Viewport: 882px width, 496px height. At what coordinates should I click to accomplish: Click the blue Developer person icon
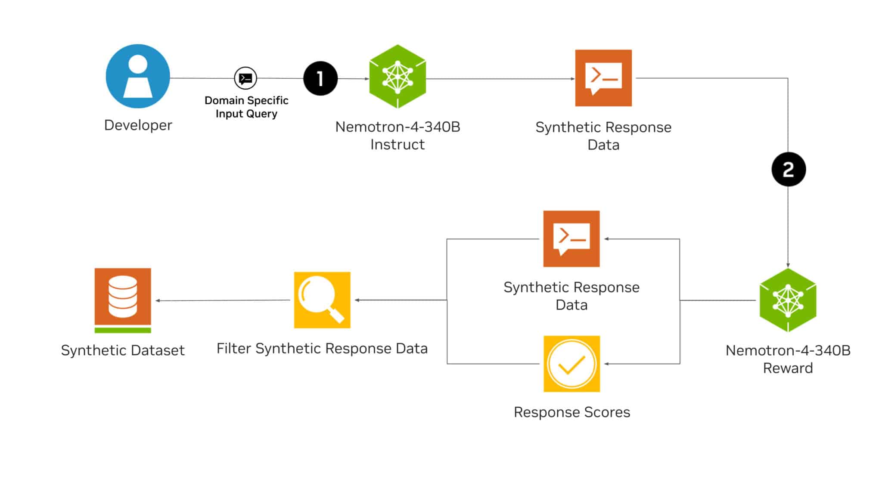[138, 76]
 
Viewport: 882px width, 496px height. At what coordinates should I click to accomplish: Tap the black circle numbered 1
[320, 78]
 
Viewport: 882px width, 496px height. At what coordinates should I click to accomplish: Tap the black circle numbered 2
[788, 169]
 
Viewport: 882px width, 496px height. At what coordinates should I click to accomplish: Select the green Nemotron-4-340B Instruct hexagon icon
[398, 77]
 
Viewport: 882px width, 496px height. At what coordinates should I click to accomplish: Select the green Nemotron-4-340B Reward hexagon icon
[788, 300]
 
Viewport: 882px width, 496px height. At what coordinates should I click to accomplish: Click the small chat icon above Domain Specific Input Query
[245, 78]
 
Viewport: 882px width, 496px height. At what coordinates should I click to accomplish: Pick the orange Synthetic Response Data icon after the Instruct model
[603, 78]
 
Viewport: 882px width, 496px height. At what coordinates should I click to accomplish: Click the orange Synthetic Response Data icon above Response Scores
[571, 239]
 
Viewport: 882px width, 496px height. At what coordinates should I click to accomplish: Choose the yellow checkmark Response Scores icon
[571, 364]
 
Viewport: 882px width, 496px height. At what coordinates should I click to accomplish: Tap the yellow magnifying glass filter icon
[322, 300]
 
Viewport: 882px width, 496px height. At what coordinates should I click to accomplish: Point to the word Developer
[138, 125]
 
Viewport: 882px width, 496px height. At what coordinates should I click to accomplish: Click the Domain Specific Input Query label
[246, 107]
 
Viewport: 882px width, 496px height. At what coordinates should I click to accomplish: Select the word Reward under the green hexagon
[788, 368]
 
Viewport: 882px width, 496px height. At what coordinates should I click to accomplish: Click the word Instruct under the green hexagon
[397, 145]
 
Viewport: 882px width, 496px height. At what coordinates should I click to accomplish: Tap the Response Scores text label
[571, 412]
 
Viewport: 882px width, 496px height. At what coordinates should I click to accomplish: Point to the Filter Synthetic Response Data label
[322, 348]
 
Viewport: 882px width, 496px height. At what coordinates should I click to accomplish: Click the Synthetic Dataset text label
[123, 350]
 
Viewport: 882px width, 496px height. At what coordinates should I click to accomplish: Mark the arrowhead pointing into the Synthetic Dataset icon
[158, 301]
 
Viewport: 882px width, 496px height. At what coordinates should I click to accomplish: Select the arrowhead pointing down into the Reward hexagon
[788, 265]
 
